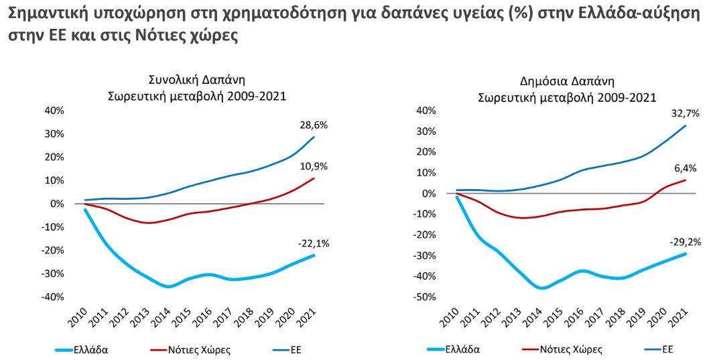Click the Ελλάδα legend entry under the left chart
(92, 349)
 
